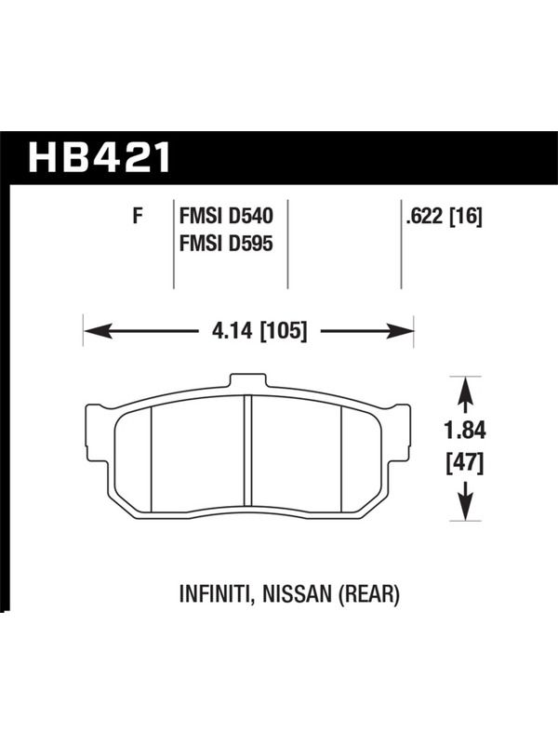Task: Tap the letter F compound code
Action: point(138,217)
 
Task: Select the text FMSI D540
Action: point(226,217)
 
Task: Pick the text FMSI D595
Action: point(226,244)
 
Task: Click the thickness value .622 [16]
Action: point(444,218)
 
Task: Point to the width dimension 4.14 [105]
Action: point(259,330)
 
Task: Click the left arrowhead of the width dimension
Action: point(99,331)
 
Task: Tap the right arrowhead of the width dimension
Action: point(400,331)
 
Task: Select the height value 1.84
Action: point(465,431)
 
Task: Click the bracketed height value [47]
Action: point(465,463)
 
